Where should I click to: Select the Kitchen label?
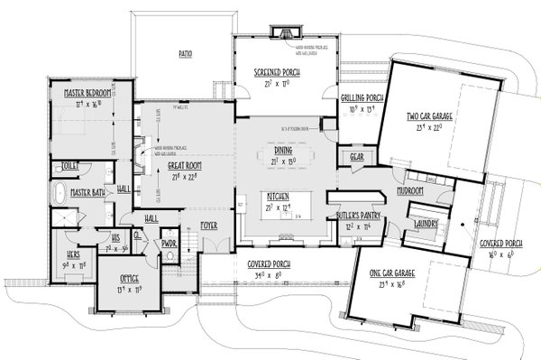pyautogui.click(x=274, y=196)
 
